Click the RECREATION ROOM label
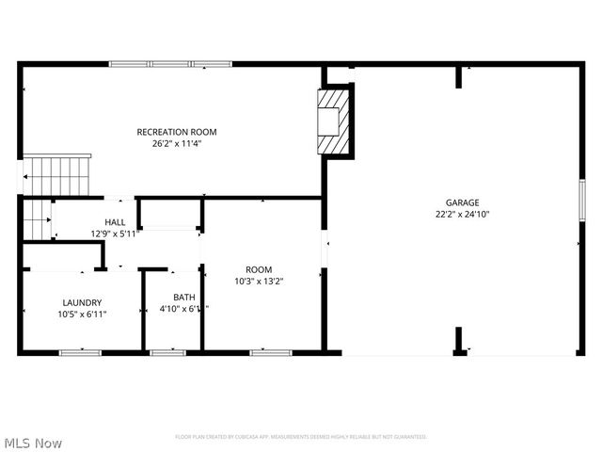[177, 132]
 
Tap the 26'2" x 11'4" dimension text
[177, 144]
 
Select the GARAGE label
[462, 202]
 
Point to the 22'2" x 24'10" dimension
[462, 215]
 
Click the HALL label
[115, 222]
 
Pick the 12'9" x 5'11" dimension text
[115, 234]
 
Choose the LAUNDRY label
[81, 302]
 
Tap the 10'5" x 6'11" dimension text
[81, 315]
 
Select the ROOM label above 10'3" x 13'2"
[259, 269]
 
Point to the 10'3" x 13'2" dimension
[259, 281]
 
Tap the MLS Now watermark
[34, 443]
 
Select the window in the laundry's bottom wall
[80, 352]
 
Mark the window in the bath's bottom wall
[167, 352]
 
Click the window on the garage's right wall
[582, 202]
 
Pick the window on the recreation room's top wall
[170, 64]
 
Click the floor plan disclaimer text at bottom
[301, 437]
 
